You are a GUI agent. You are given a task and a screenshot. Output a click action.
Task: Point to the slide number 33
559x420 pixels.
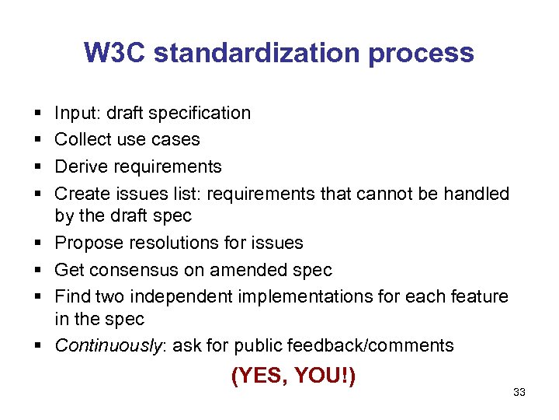pos(519,392)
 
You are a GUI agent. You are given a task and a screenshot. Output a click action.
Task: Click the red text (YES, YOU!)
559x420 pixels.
pos(293,376)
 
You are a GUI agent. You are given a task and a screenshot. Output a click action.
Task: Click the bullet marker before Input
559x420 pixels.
pos(38,114)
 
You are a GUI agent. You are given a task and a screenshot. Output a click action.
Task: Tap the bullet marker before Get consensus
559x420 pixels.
pos(38,270)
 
